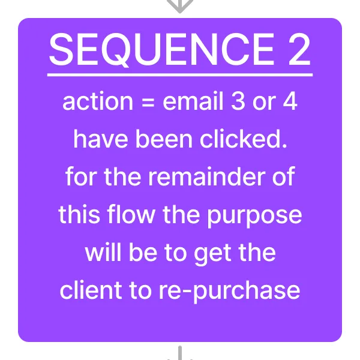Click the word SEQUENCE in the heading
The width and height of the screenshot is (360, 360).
click(161, 50)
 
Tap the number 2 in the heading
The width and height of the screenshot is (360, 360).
click(299, 49)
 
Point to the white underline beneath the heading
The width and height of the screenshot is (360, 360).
click(180, 75)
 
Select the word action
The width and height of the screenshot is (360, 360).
click(98, 101)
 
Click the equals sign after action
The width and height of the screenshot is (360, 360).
click(148, 102)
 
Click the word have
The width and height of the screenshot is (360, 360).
click(101, 139)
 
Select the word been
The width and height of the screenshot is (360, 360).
click(164, 139)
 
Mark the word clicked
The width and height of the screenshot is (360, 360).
click(243, 139)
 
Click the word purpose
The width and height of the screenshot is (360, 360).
click(254, 217)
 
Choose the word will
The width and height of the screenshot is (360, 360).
click(103, 252)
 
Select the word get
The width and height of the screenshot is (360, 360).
click(212, 254)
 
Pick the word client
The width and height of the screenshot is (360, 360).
click(91, 290)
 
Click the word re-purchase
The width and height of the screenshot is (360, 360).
click(229, 292)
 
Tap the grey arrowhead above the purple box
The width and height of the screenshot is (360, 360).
click(180, 6)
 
